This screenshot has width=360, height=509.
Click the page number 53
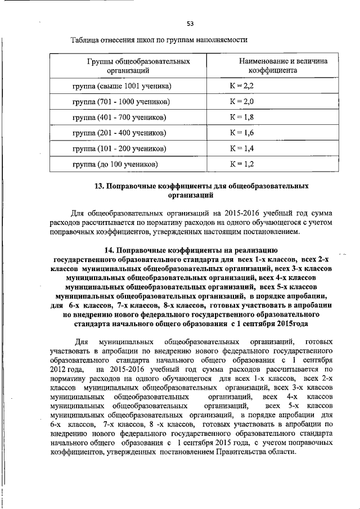pyautogui.click(x=190, y=23)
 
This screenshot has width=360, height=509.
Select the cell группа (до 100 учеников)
pyautogui.click(x=115, y=165)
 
